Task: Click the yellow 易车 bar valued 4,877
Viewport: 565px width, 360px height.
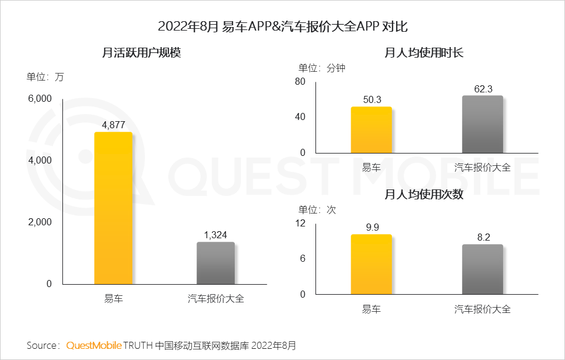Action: point(113,208)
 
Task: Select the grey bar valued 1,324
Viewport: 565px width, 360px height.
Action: point(215,263)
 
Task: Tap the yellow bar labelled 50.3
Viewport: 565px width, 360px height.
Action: point(371,130)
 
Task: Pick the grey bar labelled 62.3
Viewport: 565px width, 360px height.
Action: point(482,124)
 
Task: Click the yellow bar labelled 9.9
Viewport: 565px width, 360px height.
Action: point(371,264)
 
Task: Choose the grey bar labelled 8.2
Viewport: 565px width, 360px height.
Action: point(482,269)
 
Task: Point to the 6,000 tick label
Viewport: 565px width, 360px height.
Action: point(40,99)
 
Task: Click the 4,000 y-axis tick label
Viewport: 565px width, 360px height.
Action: point(40,161)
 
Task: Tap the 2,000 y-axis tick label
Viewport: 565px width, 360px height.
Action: point(40,222)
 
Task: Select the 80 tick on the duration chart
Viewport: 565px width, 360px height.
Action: point(300,81)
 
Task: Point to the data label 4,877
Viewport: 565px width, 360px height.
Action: point(113,125)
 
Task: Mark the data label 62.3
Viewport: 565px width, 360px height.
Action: point(483,89)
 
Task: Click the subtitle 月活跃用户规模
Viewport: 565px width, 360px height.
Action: point(141,53)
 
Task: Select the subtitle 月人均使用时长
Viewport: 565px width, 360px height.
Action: point(424,53)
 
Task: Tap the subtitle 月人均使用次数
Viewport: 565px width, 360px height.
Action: point(424,194)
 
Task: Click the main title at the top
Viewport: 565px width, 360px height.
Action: point(282,26)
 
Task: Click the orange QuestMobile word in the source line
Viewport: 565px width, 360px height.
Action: point(94,345)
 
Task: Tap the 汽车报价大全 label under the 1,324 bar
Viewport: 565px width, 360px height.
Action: point(215,299)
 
